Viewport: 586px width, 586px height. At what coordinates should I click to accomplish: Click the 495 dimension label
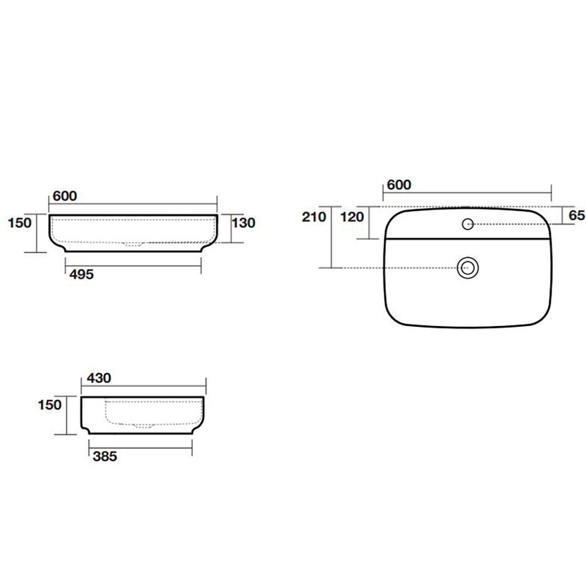(x=81, y=274)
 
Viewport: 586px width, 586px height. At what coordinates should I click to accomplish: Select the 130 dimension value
(x=243, y=223)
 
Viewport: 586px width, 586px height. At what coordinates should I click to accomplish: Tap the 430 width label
(x=99, y=378)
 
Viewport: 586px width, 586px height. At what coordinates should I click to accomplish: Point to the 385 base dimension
(x=105, y=456)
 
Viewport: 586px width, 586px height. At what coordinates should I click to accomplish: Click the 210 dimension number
(x=314, y=216)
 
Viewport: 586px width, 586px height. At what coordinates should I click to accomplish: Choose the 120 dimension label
(x=352, y=216)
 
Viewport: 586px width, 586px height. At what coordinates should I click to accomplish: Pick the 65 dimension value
(x=576, y=215)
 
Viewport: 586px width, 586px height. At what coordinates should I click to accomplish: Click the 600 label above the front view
(x=65, y=196)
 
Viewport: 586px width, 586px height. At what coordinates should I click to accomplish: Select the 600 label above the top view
(x=399, y=185)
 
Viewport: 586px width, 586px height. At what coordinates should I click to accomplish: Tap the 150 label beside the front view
(x=20, y=223)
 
